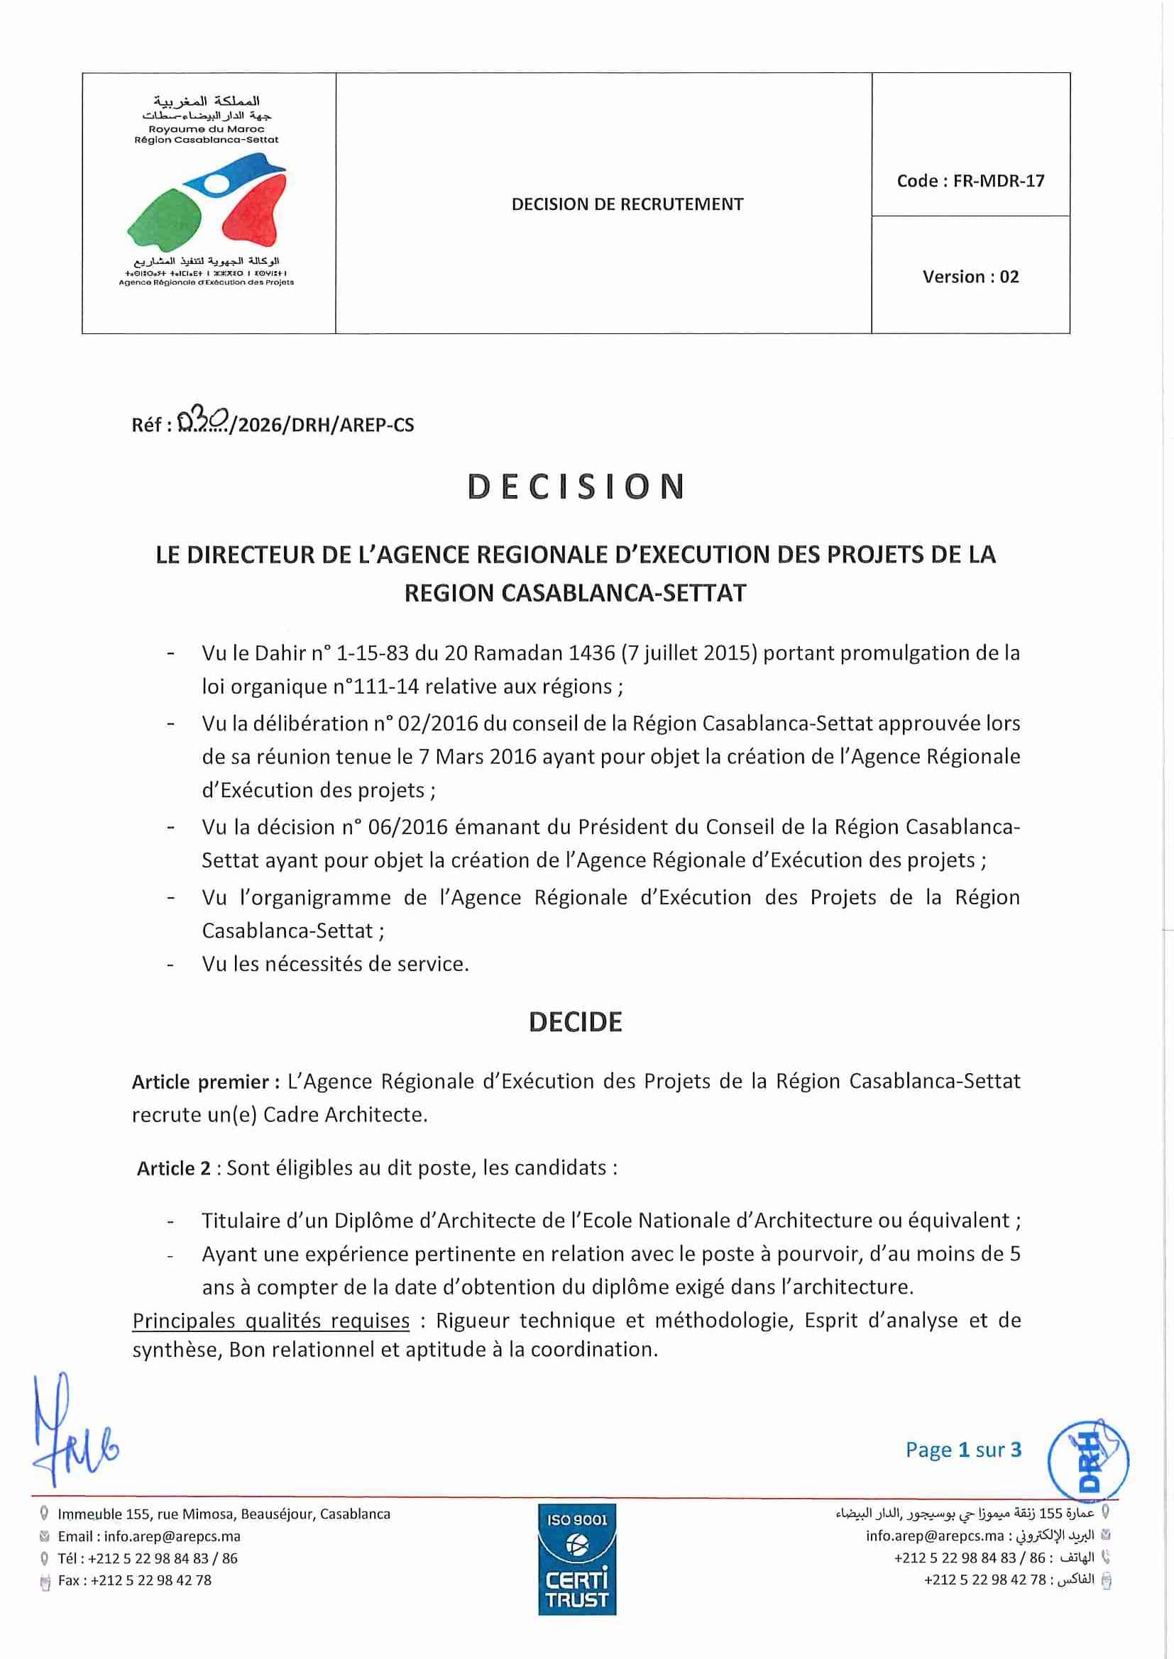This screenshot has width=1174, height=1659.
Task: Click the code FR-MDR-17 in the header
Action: pyautogui.click(x=970, y=181)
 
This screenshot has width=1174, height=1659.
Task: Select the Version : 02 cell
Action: pyautogui.click(x=970, y=277)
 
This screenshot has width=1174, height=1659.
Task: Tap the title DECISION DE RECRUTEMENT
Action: pyautogui.click(x=627, y=204)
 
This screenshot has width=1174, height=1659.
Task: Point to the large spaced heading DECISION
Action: pyautogui.click(x=576, y=487)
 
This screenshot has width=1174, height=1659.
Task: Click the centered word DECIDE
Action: pyautogui.click(x=575, y=1023)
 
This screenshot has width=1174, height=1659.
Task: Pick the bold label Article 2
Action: pyautogui.click(x=173, y=1169)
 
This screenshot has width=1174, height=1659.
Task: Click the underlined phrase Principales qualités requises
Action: pyautogui.click(x=271, y=1321)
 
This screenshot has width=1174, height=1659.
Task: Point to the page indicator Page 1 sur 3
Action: pyautogui.click(x=963, y=1450)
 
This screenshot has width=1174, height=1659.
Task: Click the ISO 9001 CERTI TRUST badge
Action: pyautogui.click(x=576, y=1559)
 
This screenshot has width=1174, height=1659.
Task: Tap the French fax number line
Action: pyautogui.click(x=134, y=1580)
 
